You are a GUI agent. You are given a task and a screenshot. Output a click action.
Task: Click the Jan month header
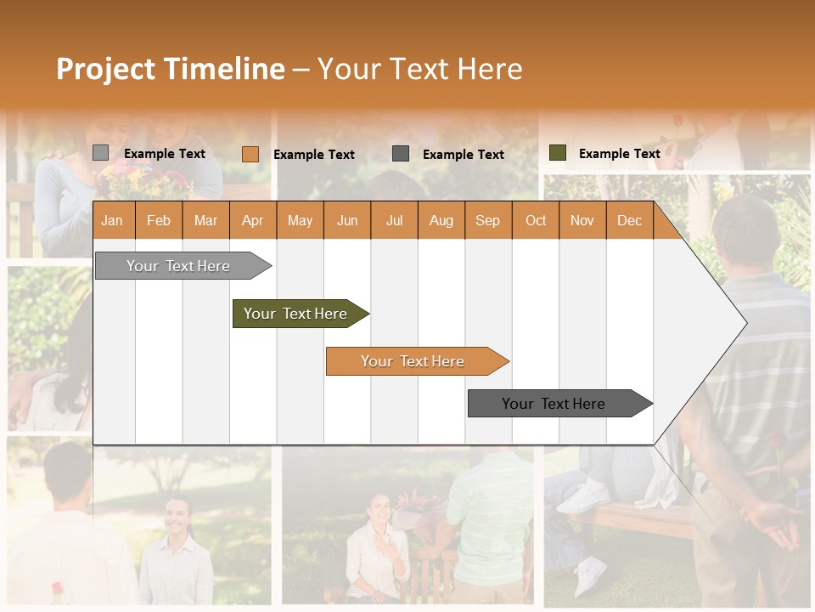(112, 220)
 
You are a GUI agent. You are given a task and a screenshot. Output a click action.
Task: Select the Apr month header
(252, 220)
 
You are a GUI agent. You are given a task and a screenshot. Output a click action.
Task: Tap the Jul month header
(394, 220)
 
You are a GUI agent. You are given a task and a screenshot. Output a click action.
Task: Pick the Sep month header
(487, 220)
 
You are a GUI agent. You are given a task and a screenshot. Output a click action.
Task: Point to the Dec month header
(629, 220)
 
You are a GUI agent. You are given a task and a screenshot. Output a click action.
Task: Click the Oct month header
(536, 220)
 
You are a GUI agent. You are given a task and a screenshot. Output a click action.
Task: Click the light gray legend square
(100, 153)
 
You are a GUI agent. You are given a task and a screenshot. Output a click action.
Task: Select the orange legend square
(250, 154)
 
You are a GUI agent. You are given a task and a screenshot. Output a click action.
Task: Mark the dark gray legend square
(401, 154)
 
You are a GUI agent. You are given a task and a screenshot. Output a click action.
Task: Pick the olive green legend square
(557, 153)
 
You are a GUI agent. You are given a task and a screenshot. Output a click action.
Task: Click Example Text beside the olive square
(619, 154)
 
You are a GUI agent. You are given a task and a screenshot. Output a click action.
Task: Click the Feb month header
(159, 220)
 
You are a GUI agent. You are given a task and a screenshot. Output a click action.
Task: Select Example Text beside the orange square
(313, 155)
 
